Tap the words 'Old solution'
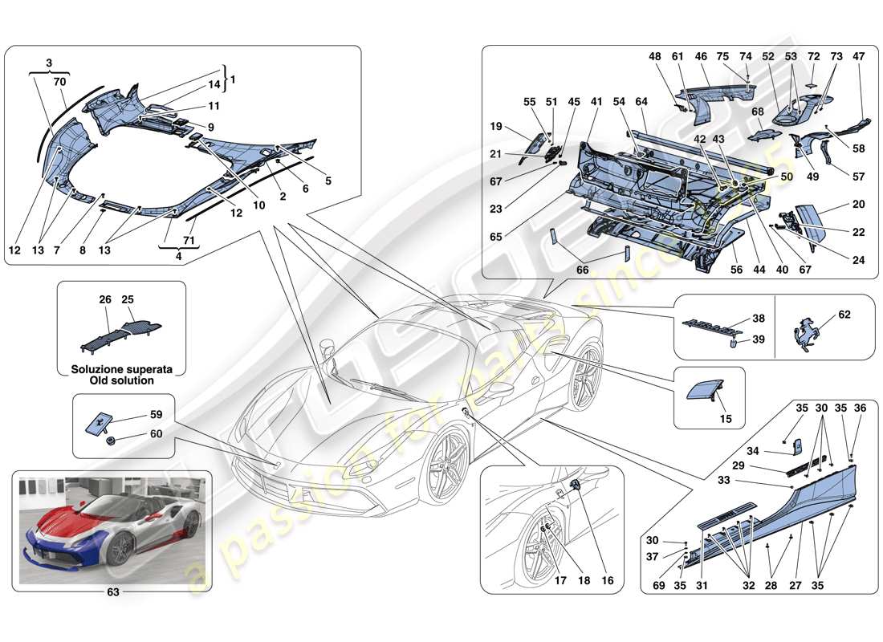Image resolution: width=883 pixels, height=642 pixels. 121,380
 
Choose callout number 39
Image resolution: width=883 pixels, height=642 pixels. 758,339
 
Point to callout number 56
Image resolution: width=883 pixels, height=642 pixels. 735,271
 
